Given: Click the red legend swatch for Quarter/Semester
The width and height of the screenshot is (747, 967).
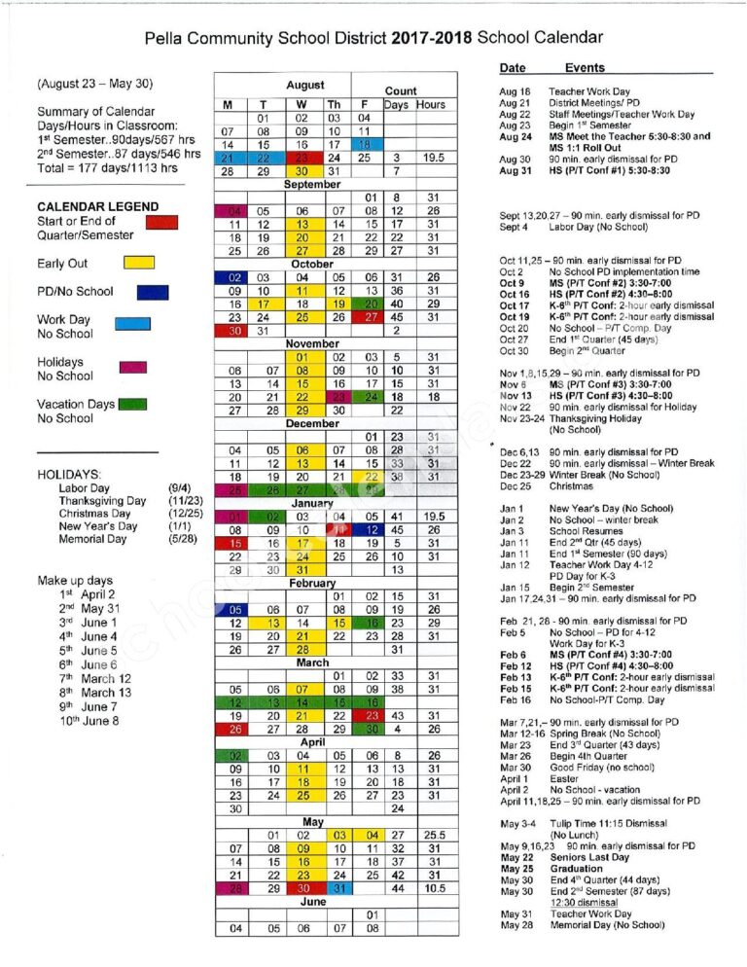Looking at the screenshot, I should coord(160,222).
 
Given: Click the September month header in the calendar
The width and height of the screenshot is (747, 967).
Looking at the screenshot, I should coord(311,184).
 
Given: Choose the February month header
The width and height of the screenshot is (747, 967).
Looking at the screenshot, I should coord(311,582).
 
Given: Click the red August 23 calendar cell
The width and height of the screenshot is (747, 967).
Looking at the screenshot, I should coord(303,157).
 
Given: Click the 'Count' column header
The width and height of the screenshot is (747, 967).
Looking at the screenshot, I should coord(400,90).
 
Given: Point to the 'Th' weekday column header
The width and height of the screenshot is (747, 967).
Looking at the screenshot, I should coord(334,104).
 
